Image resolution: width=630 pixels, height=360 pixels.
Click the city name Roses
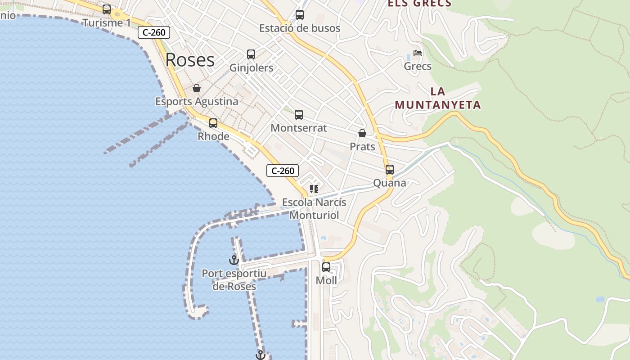[x=190, y=60]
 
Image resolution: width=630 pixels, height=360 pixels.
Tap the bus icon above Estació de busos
[x=300, y=15]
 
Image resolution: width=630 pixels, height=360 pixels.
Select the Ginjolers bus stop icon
[x=251, y=54]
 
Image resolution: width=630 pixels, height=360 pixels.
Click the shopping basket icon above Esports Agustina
[x=197, y=88]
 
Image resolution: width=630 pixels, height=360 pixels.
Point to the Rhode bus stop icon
[x=213, y=123]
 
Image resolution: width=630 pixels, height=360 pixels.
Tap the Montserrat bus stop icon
[x=299, y=115]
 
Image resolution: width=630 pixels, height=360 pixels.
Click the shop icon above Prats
[x=362, y=134]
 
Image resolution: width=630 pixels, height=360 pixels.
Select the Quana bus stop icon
[x=390, y=170]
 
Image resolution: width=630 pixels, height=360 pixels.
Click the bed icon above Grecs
[x=418, y=53]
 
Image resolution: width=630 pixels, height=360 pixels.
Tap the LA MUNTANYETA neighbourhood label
[x=438, y=99]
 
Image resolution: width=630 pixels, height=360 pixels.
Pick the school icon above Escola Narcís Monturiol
[x=314, y=189]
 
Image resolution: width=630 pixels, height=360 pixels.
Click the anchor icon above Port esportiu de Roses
[x=234, y=260]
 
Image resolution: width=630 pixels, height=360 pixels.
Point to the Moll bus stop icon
[x=326, y=267]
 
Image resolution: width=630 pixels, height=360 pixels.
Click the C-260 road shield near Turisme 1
[x=154, y=32]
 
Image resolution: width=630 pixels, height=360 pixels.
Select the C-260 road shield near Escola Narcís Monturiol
[x=283, y=171]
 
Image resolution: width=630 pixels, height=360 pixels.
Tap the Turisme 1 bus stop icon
[x=107, y=9]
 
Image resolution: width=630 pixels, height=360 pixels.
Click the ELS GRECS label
[x=419, y=4]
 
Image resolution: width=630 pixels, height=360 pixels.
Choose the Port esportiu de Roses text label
[x=234, y=280]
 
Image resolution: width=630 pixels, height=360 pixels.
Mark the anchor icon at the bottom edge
[x=260, y=355]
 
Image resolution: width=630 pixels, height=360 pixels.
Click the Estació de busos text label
[x=300, y=28]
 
